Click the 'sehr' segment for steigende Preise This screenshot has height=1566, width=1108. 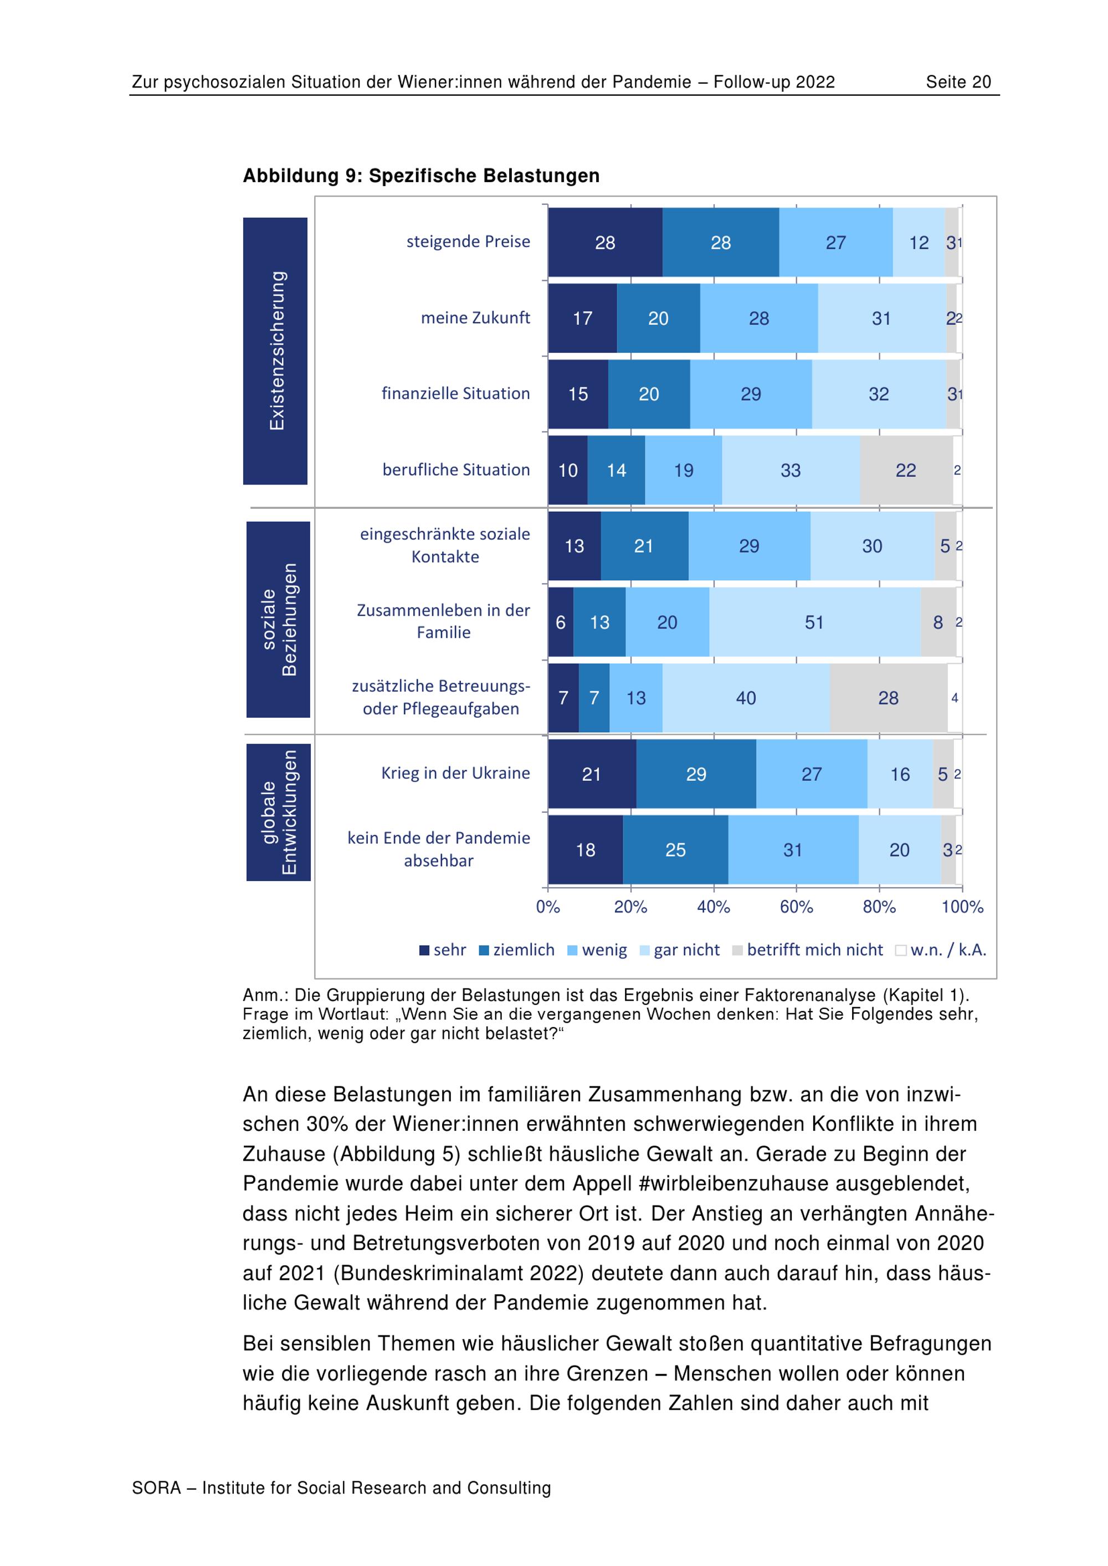coord(604,242)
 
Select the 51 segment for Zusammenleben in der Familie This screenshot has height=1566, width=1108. coord(814,622)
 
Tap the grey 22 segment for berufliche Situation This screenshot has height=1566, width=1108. coord(905,470)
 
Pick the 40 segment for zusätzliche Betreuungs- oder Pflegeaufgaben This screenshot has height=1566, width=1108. coord(746,698)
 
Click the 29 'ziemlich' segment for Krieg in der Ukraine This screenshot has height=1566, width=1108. coord(696,774)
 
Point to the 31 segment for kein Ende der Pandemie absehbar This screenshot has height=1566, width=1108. coord(793,850)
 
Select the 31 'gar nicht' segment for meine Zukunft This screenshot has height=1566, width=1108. coord(881,318)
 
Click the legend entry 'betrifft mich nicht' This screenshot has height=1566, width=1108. coord(814,950)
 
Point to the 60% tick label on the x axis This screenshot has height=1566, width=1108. coord(796,907)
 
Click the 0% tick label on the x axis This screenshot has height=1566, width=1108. coord(548,907)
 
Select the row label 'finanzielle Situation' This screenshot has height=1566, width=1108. coord(455,394)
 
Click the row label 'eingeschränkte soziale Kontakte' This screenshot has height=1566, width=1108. coord(445,545)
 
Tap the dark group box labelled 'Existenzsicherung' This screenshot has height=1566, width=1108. coord(275,351)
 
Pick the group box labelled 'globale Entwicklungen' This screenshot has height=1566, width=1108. coord(278,812)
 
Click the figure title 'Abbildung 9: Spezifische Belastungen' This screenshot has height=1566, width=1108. coord(421,176)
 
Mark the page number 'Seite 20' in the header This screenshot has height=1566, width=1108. coord(958,83)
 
